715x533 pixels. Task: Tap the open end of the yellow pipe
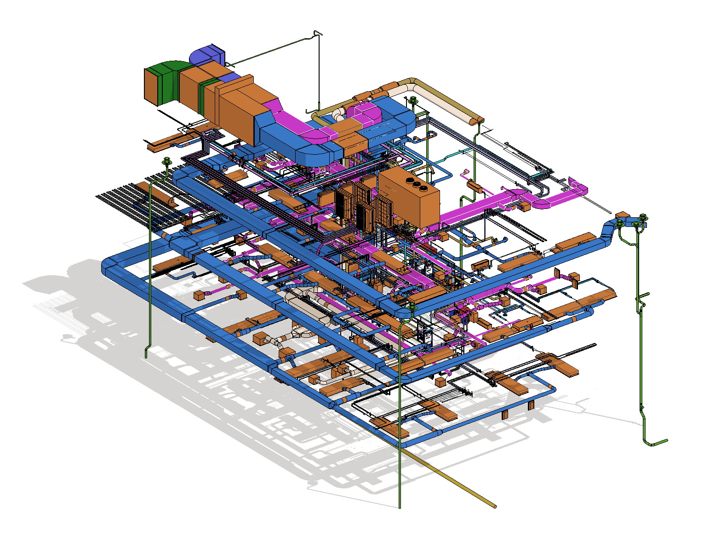click(x=495, y=507)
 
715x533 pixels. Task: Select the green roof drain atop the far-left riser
click(x=166, y=161)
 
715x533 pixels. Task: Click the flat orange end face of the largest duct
click(x=152, y=85)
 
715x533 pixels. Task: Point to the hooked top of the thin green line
click(x=317, y=33)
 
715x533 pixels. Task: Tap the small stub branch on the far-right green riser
click(x=644, y=295)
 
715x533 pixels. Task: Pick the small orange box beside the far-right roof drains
click(x=622, y=215)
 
